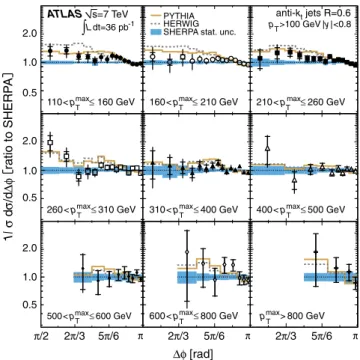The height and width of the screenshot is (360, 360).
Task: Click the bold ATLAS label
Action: pos(64,14)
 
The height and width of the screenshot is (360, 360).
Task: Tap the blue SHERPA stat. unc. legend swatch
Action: pos(154,33)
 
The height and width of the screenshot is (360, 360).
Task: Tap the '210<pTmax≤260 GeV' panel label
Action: pos(301,101)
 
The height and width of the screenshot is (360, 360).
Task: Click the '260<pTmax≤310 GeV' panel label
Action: pos(91,209)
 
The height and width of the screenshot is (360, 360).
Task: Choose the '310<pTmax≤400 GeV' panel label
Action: pos(196,209)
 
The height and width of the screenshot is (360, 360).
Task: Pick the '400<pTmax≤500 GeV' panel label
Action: pos(301,209)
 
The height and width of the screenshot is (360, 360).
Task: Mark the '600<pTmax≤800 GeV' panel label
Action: pos(196,315)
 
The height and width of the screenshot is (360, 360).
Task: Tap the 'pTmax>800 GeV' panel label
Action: pos(290,315)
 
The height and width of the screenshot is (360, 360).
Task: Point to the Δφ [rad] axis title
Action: pos(193,352)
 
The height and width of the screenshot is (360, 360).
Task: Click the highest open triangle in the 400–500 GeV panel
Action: pos(267,148)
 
